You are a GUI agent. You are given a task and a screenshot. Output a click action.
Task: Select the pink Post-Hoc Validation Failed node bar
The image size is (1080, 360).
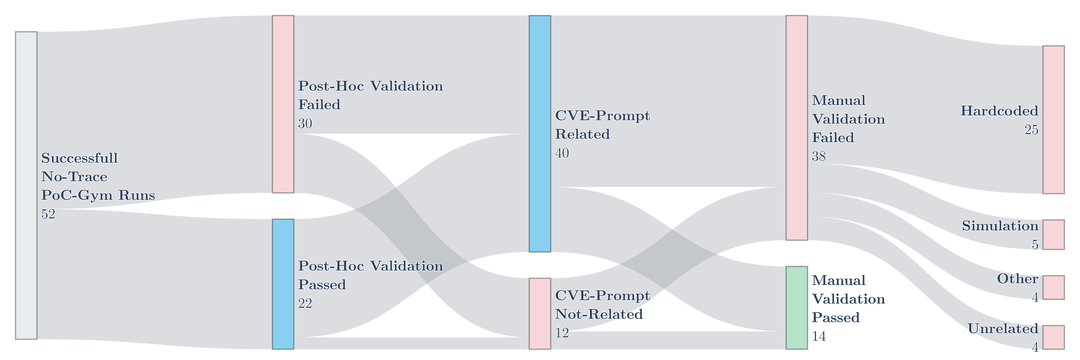point(283,104)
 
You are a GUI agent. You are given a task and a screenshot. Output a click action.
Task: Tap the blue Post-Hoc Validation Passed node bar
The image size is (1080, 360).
point(283,284)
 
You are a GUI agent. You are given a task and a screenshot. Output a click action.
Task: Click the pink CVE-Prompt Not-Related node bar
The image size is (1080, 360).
point(540,314)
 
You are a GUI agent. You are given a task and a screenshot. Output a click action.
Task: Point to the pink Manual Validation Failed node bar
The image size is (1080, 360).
point(797,128)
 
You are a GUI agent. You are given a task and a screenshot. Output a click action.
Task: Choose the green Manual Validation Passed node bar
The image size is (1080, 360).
point(797,308)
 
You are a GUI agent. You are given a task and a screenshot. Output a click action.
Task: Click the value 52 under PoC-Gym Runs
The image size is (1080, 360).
point(48,214)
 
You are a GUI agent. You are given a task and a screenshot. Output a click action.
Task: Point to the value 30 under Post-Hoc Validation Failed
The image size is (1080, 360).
point(305,124)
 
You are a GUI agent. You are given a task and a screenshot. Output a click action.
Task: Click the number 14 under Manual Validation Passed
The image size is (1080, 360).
point(819,336)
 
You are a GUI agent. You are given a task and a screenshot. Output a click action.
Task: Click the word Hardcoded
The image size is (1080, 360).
point(999,111)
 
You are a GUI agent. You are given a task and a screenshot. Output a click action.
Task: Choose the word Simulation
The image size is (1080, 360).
point(1000,226)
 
